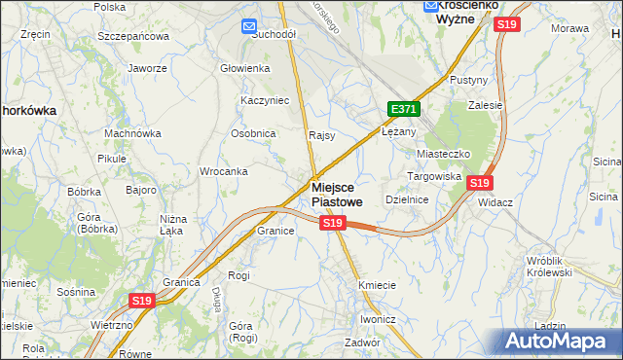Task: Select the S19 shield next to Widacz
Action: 479,182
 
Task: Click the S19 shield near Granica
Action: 142,302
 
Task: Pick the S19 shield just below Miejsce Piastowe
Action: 333,224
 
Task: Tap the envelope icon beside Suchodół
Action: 248,26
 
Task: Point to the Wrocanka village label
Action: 223,171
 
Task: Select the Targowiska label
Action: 432,176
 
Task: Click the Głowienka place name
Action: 244,68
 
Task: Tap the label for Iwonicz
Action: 379,319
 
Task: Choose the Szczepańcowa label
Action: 133,36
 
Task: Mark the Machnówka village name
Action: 132,133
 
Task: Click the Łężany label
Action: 398,131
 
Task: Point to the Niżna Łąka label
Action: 172,225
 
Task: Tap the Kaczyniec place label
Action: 261,100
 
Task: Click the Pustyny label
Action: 468,80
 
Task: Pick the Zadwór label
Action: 361,342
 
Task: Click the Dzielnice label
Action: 407,198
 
